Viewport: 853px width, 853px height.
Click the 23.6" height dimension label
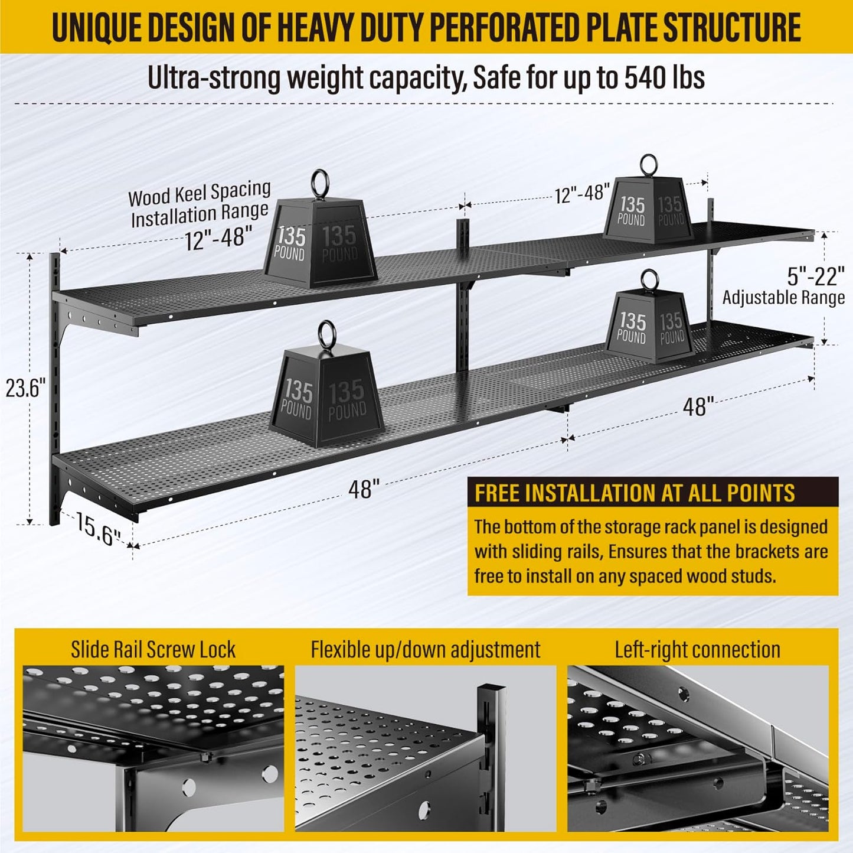pos(25,389)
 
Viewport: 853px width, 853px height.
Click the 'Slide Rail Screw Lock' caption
pos(153,649)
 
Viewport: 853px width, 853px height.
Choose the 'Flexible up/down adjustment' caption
pos(425,649)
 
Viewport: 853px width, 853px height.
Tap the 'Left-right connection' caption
pos(697,649)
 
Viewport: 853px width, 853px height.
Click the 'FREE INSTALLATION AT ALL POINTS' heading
pos(635,493)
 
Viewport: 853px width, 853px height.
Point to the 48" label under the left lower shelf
pos(364,489)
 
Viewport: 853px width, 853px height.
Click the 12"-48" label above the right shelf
pos(582,193)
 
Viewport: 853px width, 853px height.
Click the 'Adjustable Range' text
pos(783,297)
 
